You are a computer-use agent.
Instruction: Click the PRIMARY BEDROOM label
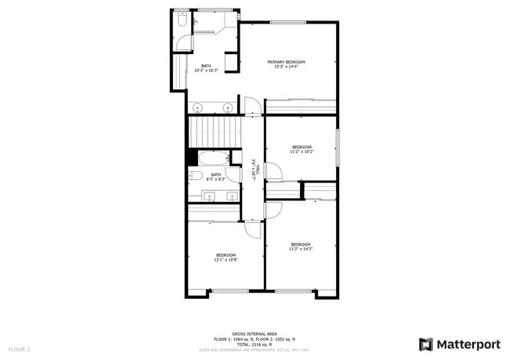(x=286, y=62)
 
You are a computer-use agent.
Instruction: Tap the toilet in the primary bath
(x=181, y=23)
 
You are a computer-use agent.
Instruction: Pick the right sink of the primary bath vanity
(x=228, y=107)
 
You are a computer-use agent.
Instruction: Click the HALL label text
(x=255, y=171)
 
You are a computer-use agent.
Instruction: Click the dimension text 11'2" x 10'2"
(x=302, y=152)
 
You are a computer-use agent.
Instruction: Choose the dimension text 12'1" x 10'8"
(x=226, y=260)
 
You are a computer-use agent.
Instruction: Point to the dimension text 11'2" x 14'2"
(x=301, y=249)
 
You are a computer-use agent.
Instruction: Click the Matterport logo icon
(x=426, y=344)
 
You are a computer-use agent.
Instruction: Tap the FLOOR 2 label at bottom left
(x=19, y=348)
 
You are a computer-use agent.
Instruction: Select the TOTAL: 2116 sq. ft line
(x=254, y=344)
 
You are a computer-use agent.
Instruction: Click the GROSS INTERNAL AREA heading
(x=254, y=333)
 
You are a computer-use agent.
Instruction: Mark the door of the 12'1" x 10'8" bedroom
(x=253, y=229)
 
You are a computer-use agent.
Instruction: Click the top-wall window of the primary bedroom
(x=287, y=22)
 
